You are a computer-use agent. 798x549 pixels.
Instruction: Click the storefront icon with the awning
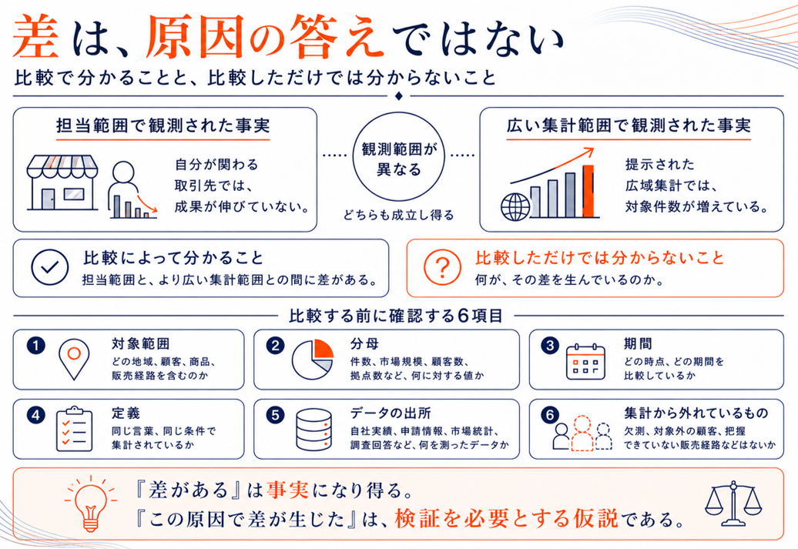click(x=62, y=182)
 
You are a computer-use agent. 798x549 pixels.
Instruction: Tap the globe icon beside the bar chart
click(x=515, y=206)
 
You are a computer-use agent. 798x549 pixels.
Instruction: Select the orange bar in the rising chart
click(x=588, y=191)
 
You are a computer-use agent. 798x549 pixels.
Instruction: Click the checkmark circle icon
click(x=49, y=267)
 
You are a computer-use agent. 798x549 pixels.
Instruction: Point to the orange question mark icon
click(x=442, y=267)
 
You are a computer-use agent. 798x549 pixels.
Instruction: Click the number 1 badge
click(x=35, y=346)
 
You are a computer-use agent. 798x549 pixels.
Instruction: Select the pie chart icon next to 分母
click(x=313, y=360)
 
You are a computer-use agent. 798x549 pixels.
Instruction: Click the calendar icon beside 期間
click(x=585, y=361)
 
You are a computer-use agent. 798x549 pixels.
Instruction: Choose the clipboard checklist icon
click(x=74, y=429)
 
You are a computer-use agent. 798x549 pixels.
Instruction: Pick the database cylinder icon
click(x=314, y=430)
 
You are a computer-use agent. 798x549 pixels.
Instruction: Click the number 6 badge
click(x=550, y=415)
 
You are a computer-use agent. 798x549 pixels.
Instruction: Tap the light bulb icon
click(x=91, y=504)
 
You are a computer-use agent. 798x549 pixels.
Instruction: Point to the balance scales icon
click(x=733, y=504)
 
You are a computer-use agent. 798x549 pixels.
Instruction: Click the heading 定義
click(x=126, y=413)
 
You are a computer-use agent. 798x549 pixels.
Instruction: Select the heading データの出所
click(x=391, y=413)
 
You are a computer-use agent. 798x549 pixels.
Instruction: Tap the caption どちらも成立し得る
click(x=398, y=216)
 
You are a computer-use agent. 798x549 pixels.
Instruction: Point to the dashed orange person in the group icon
click(x=582, y=434)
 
